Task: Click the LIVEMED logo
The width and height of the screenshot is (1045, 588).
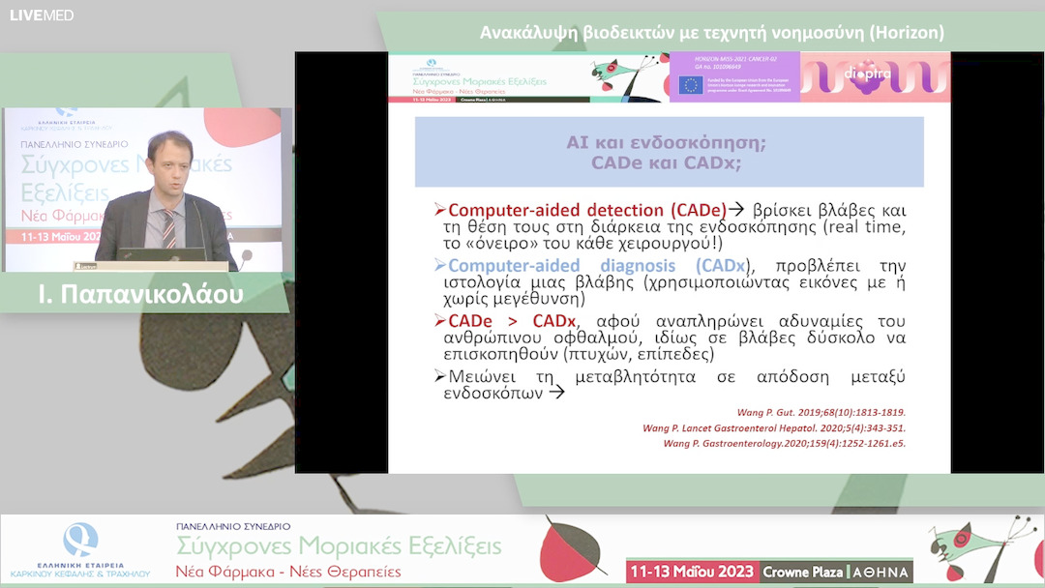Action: coord(42,15)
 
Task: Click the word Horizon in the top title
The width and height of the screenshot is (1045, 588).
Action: coord(906,33)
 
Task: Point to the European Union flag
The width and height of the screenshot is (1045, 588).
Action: coord(690,85)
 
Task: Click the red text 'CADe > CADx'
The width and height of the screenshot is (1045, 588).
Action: coord(512,320)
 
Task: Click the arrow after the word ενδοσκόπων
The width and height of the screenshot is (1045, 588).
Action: coord(555,394)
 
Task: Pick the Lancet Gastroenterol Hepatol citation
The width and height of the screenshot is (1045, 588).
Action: coord(774,427)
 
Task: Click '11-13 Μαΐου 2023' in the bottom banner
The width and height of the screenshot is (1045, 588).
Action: coord(691,571)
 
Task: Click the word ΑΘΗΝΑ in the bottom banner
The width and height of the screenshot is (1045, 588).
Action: coord(881,572)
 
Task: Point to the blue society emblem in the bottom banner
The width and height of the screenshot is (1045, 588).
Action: coord(79,538)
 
